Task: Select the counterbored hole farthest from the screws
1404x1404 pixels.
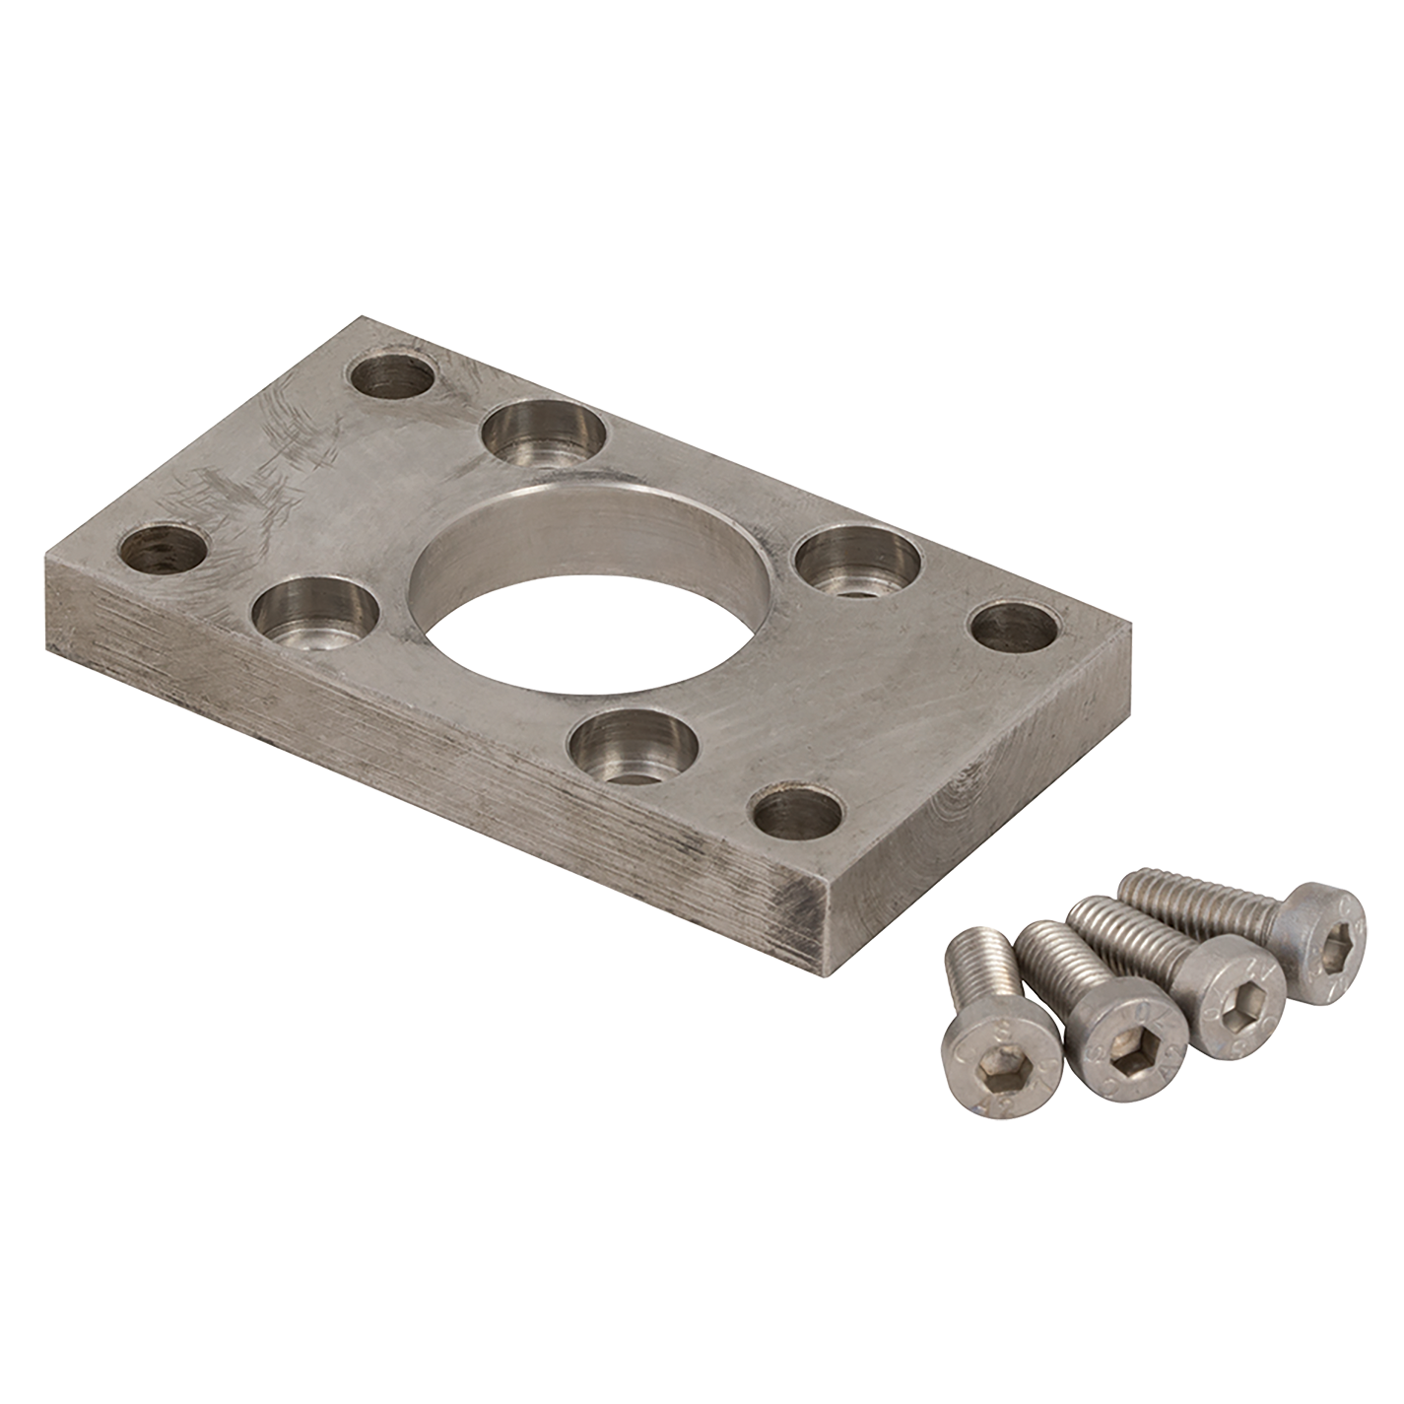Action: tap(544, 435)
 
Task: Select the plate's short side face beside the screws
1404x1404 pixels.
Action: tap(985, 818)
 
